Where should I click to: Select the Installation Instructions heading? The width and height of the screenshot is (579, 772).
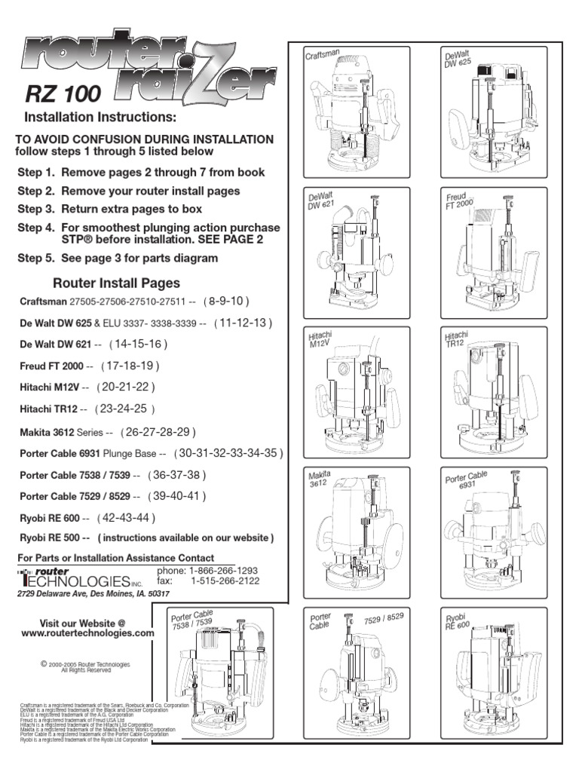click(100, 118)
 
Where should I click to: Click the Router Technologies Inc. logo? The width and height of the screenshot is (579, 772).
click(79, 578)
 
